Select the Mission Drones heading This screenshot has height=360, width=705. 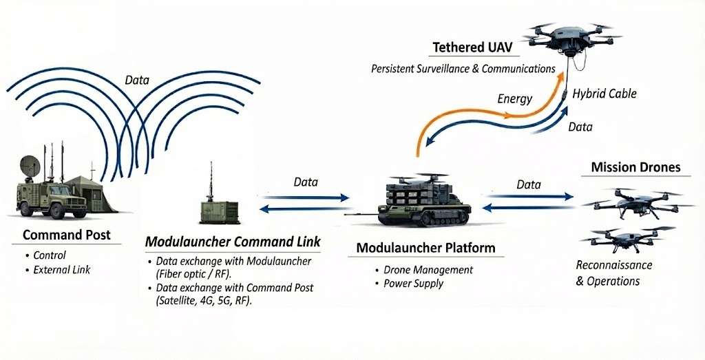(x=635, y=167)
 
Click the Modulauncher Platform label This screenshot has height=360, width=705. (x=425, y=248)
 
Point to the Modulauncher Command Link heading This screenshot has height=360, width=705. (x=233, y=242)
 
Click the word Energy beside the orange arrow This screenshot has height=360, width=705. (x=515, y=98)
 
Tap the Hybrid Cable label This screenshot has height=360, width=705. (x=604, y=94)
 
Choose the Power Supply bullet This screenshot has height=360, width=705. (x=414, y=283)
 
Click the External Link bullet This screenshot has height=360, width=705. (x=61, y=270)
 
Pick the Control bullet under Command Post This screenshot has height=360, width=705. (x=50, y=255)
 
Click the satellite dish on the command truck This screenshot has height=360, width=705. (x=30, y=165)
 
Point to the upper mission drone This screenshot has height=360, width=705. (x=637, y=200)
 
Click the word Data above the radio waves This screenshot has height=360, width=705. (x=137, y=81)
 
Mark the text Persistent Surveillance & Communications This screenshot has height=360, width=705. (x=463, y=69)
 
